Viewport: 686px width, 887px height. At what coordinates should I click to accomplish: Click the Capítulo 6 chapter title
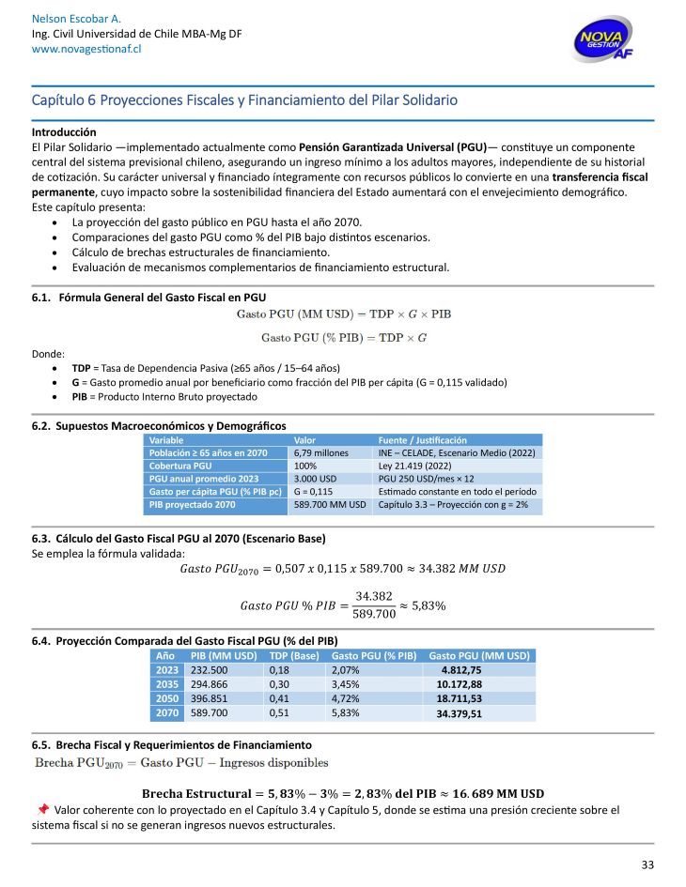click(x=244, y=99)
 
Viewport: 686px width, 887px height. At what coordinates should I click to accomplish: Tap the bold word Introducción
click(x=64, y=132)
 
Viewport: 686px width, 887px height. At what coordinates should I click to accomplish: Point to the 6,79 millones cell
click(x=316, y=452)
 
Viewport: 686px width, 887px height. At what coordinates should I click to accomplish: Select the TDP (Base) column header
click(x=294, y=655)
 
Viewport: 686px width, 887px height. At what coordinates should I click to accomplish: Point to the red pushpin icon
click(x=43, y=808)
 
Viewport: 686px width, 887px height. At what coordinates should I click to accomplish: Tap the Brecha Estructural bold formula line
click(x=342, y=792)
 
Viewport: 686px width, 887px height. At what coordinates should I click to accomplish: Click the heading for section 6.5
click(x=171, y=743)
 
